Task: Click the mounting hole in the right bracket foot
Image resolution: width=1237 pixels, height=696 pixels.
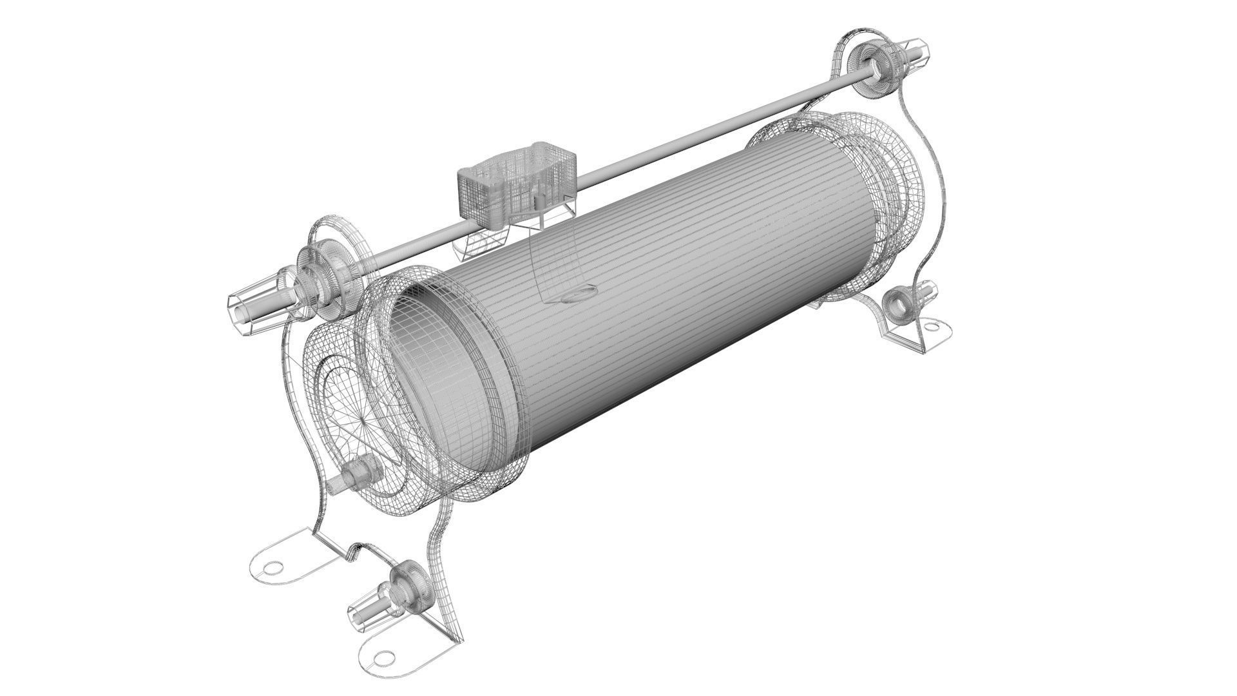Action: (932, 328)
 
